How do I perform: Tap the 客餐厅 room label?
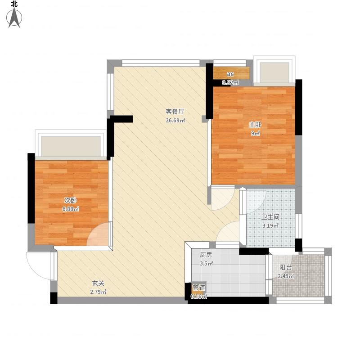pyautogui.click(x=175, y=112)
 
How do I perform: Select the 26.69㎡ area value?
pyautogui.click(x=175, y=120)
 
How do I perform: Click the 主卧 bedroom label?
pyautogui.click(x=255, y=125)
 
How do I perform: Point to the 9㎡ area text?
pyautogui.click(x=255, y=133)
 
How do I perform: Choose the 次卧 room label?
pyautogui.click(x=70, y=200)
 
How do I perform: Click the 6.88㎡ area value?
pyautogui.click(x=71, y=209)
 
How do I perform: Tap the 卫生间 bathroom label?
pyautogui.click(x=270, y=217)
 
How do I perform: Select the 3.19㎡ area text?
pyautogui.click(x=270, y=226)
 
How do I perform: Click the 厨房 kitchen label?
pyautogui.click(x=206, y=255)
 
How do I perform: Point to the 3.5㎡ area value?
pyautogui.click(x=206, y=264)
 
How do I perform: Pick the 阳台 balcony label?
pyautogui.click(x=286, y=267)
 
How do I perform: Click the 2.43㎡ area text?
pyautogui.click(x=286, y=276)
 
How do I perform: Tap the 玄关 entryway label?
pyautogui.click(x=98, y=283)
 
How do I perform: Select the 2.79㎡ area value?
pyautogui.click(x=98, y=292)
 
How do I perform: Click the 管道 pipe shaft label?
pyautogui.click(x=198, y=288)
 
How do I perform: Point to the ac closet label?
pyautogui.click(x=230, y=74)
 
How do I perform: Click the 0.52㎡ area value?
pyautogui.click(x=230, y=83)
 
